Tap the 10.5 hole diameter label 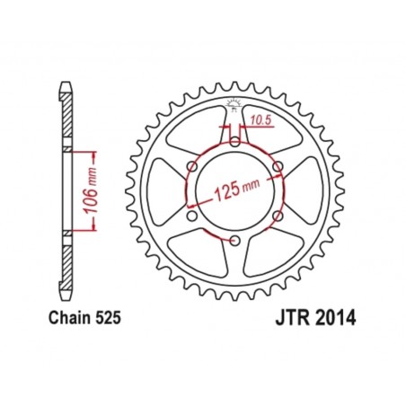coord(260,119)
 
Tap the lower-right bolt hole coord(277,215)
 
